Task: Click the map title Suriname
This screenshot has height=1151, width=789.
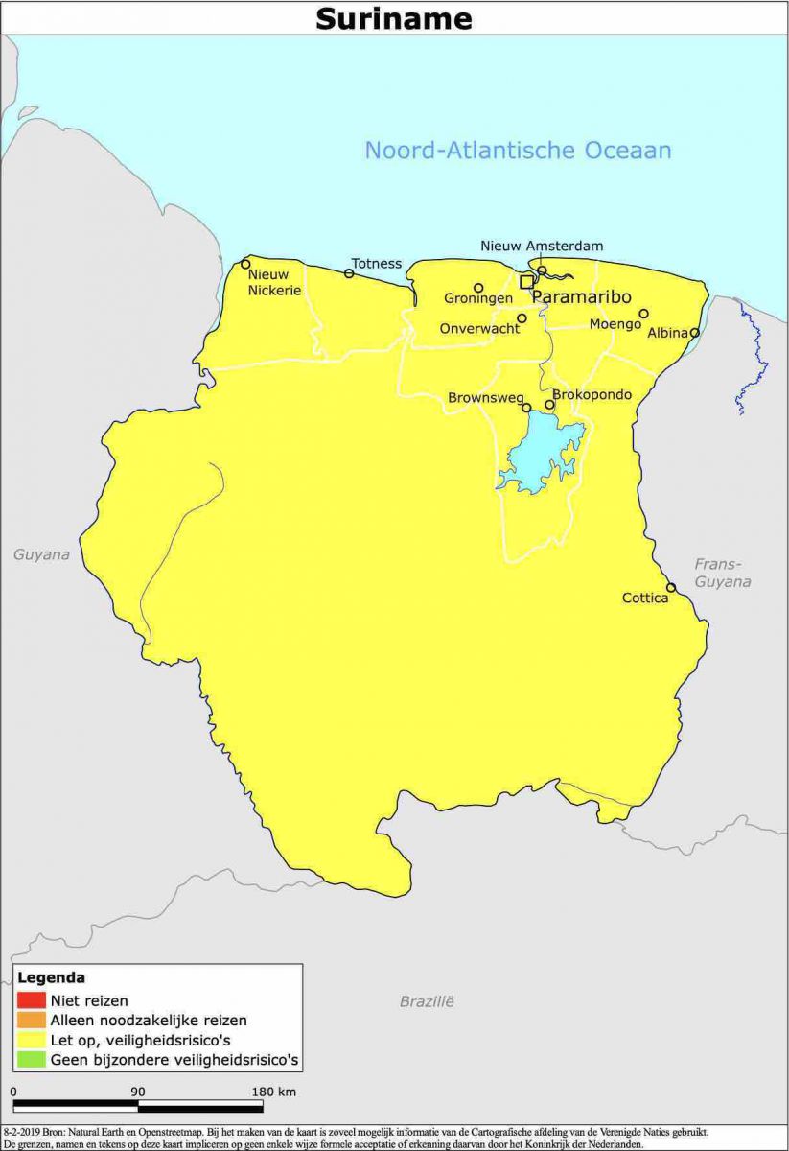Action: [394, 18]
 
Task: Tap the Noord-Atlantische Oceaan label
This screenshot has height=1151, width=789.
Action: [518, 151]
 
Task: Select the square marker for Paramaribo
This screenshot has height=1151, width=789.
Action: [526, 281]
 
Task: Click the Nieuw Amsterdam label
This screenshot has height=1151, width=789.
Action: [542, 246]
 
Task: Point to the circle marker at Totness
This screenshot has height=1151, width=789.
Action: [349, 273]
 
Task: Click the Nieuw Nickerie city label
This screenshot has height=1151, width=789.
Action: [274, 282]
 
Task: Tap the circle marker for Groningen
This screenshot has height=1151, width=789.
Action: [478, 288]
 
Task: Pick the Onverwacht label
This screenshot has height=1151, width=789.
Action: [479, 328]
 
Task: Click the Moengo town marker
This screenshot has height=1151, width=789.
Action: [643, 314]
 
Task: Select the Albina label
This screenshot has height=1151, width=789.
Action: [667, 333]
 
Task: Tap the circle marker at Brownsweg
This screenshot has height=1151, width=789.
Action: [526, 408]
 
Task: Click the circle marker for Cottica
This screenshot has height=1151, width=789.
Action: [671, 588]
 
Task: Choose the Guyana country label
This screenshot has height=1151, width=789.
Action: [41, 554]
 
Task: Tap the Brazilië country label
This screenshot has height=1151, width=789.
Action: [427, 1001]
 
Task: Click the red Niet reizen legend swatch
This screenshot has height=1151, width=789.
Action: [30, 1000]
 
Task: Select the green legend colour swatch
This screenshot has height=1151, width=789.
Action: [30, 1060]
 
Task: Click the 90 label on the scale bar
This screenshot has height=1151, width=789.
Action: [137, 1092]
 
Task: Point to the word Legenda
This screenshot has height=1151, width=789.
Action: [51, 978]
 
